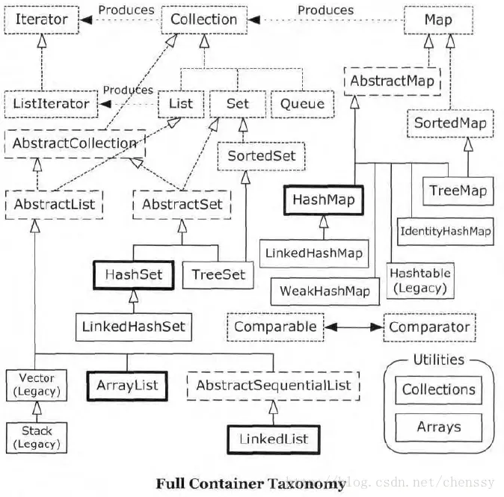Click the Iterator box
pyautogui.click(x=41, y=19)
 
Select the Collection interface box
pyautogui.click(x=204, y=19)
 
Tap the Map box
pyautogui.click(x=438, y=20)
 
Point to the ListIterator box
pyautogui.click(x=51, y=104)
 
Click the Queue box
pyautogui.click(x=302, y=104)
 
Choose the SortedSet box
pyautogui.click(x=261, y=156)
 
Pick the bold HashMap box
pyautogui.click(x=324, y=200)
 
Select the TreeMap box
pyautogui.click(x=458, y=191)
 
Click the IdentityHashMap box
pyautogui.click(x=446, y=232)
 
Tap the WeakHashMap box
pyautogui.click(x=325, y=291)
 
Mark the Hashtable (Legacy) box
pyautogui.click(x=420, y=281)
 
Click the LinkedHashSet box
pyautogui.click(x=134, y=327)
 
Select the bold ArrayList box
pyautogui.click(x=127, y=386)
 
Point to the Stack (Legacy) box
pyautogui.click(x=37, y=437)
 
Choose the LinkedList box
pyautogui.click(x=274, y=439)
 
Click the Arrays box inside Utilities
pyautogui.click(x=439, y=427)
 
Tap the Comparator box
pyautogui.click(x=429, y=327)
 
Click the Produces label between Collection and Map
pyautogui.click(x=325, y=10)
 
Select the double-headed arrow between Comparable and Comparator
pyautogui.click(x=354, y=327)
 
